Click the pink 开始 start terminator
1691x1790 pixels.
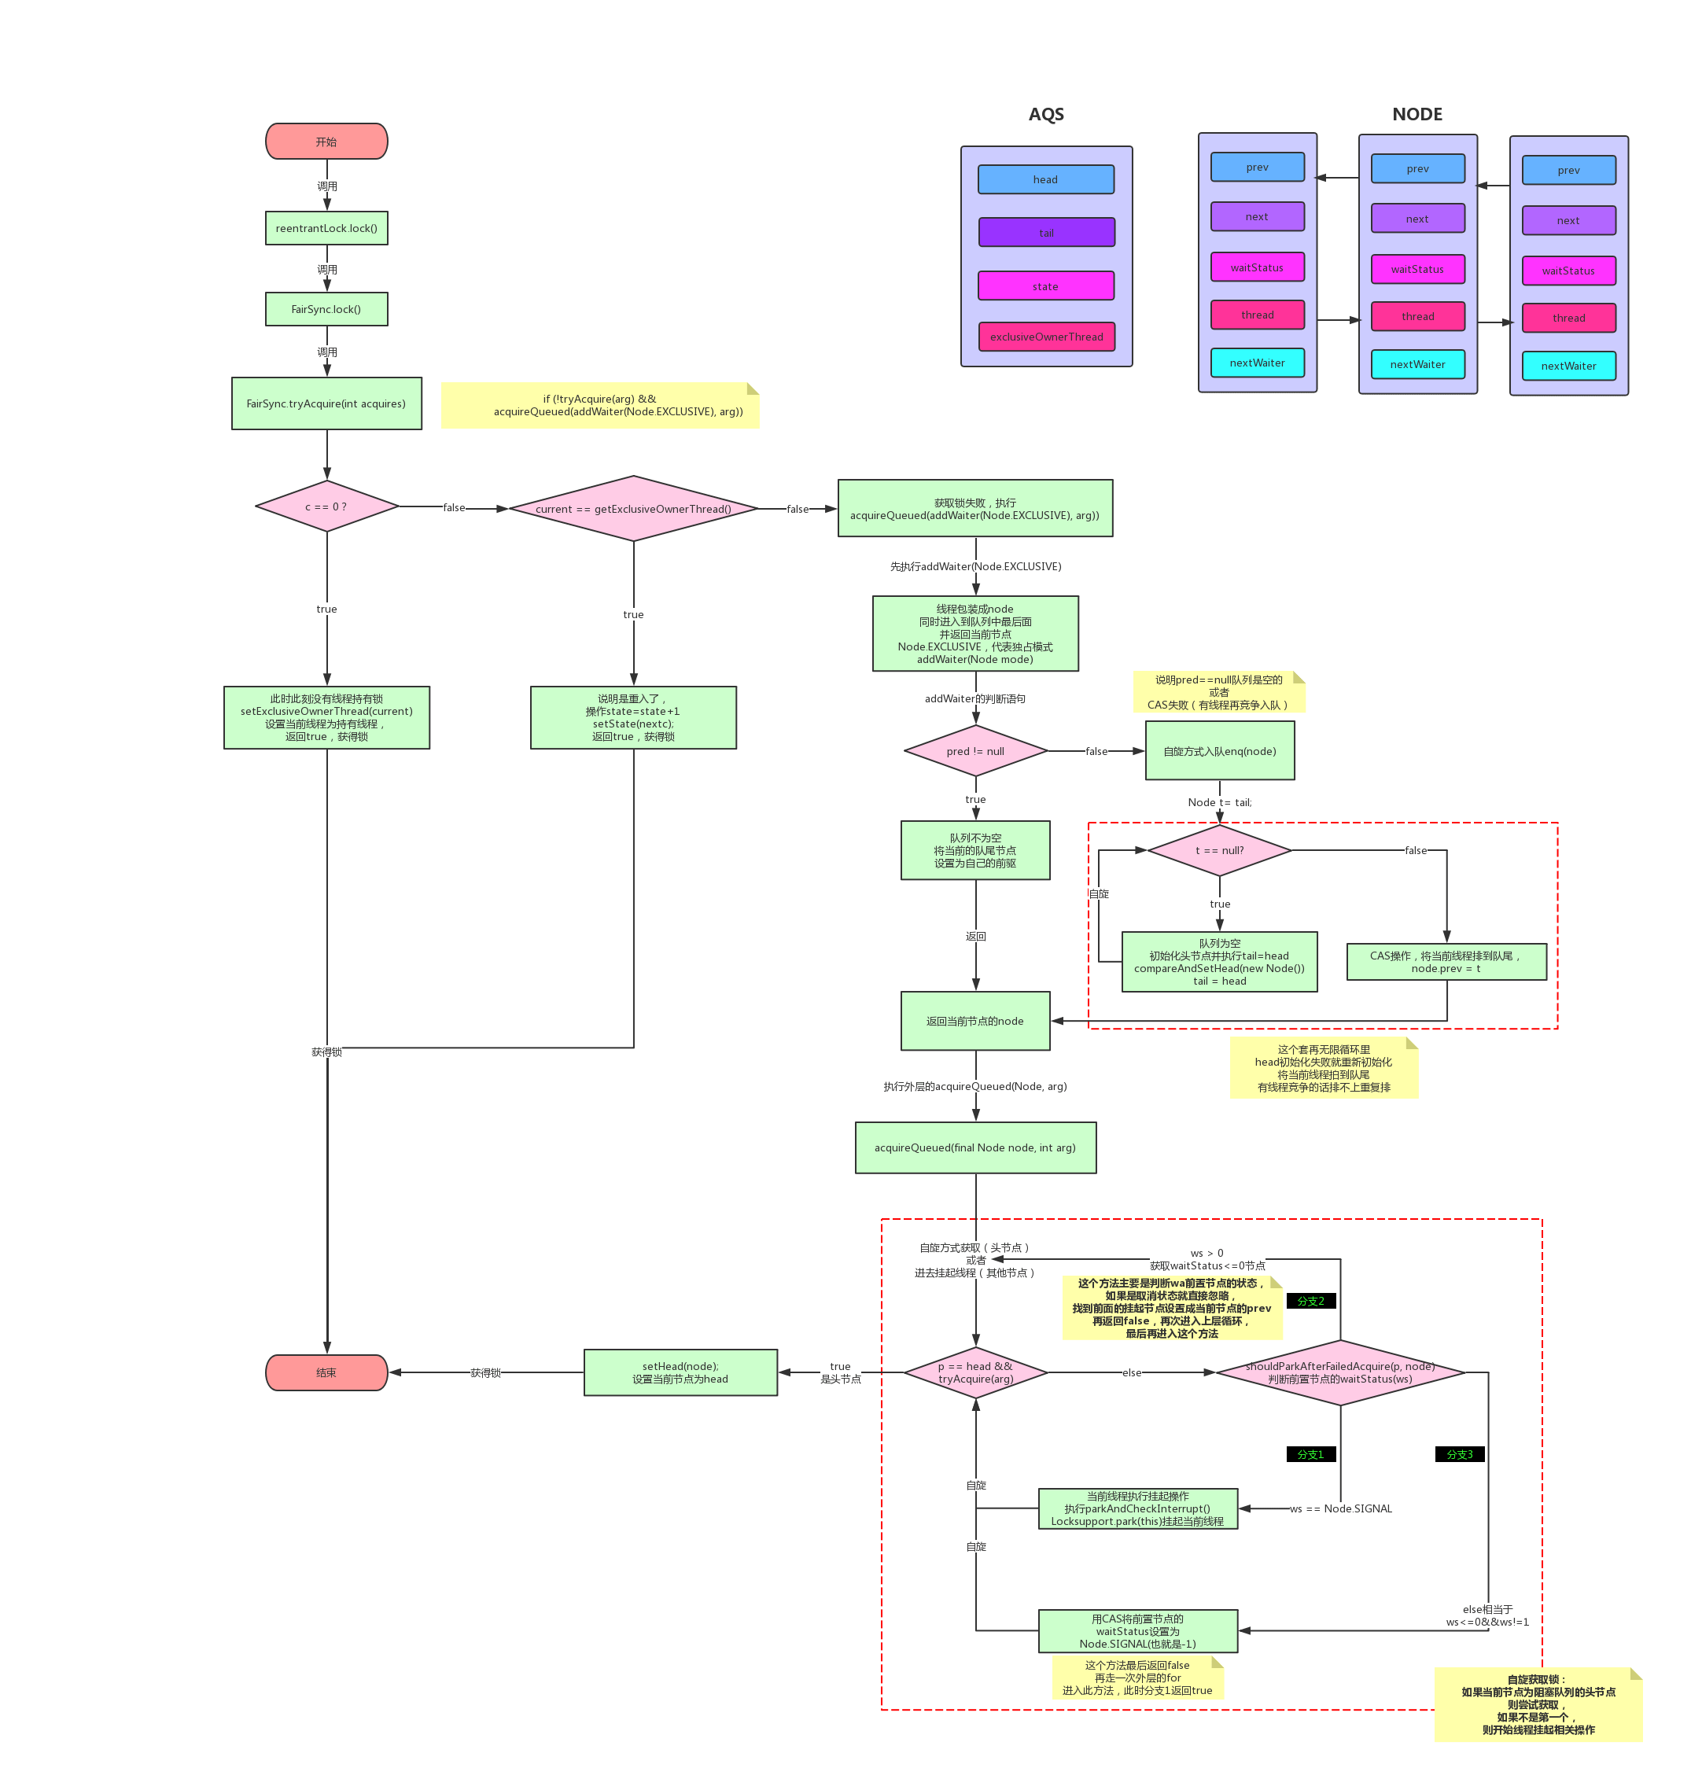[x=326, y=142]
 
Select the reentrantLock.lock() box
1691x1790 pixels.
[x=326, y=228]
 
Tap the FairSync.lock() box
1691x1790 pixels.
[x=326, y=309]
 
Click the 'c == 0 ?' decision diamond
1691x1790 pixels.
[x=326, y=506]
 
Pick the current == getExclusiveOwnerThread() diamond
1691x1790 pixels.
[x=633, y=508]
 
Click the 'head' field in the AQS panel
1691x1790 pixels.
[x=1045, y=179]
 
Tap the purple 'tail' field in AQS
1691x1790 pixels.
[x=1045, y=233]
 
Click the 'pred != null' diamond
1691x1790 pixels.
[x=975, y=751]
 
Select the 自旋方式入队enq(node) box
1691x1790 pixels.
[x=1220, y=751]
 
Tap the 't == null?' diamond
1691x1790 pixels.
[x=1220, y=850]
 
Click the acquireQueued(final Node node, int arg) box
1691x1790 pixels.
[x=975, y=1147]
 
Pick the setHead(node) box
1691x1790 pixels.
[x=680, y=1372]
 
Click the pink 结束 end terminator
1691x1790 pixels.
[x=326, y=1372]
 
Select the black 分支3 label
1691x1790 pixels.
[x=1459, y=1454]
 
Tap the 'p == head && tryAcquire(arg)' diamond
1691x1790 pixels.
[x=975, y=1372]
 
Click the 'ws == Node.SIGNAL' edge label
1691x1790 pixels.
[x=1340, y=1508]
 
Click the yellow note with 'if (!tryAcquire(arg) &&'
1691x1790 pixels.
[x=599, y=406]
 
